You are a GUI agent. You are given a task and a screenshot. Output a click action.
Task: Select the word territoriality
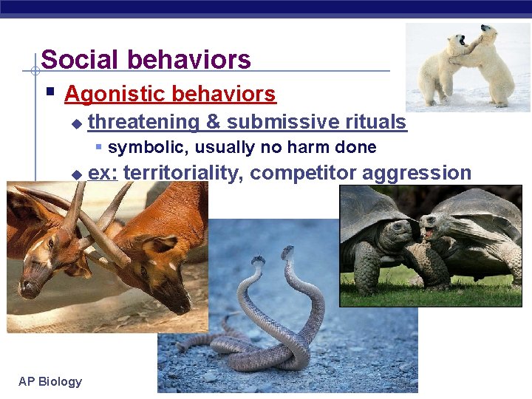tap(184, 173)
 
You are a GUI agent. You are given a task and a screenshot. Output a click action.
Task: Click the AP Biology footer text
tap(50, 381)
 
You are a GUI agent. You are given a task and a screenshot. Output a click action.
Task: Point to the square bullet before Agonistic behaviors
tap(50, 93)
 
